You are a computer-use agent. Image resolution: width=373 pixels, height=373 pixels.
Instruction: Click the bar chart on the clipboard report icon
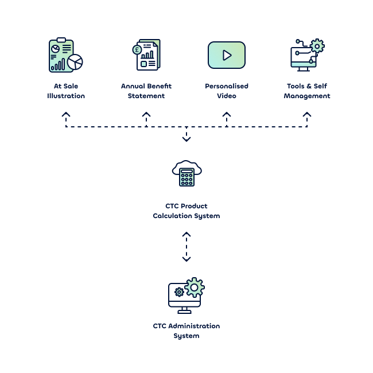click(57, 65)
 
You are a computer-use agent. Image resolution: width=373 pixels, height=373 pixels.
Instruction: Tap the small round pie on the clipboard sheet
click(55, 49)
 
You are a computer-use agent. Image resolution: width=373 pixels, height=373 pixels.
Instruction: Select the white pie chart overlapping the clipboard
click(75, 62)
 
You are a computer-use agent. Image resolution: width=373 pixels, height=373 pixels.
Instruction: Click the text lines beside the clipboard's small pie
click(67, 49)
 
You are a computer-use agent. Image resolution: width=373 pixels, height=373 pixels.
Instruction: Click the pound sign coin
click(137, 50)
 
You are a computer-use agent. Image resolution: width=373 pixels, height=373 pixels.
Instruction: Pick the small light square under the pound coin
click(143, 64)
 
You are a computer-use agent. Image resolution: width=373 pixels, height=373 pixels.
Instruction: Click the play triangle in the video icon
click(227, 55)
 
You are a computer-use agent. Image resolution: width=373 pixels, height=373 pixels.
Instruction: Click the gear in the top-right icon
click(317, 46)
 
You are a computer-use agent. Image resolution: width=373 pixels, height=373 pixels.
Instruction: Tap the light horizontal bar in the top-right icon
click(303, 64)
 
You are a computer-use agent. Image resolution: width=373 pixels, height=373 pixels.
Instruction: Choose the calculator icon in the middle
click(187, 177)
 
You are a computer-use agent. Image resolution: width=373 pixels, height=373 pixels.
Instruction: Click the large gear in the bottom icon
click(195, 287)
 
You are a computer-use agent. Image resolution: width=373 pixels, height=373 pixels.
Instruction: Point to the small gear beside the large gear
click(179, 292)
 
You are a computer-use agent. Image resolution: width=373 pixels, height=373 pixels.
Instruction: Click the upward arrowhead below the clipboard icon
click(65, 115)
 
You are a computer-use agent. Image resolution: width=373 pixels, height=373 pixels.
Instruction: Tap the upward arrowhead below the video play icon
click(227, 116)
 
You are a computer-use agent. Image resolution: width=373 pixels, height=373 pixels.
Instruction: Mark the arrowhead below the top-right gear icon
click(307, 115)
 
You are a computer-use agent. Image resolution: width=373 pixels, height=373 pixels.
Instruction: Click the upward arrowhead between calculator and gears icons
click(186, 235)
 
